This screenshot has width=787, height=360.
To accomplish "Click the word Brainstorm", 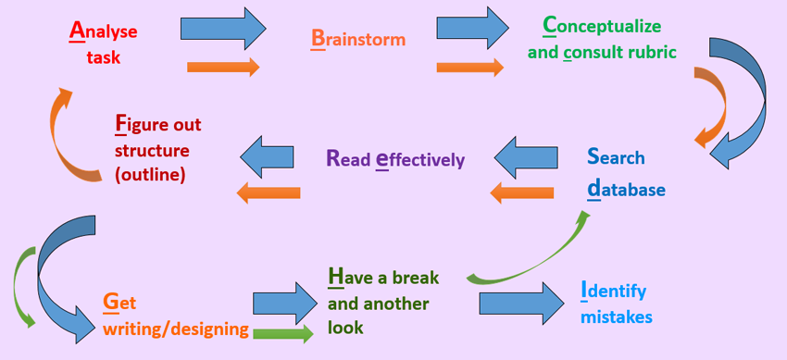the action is tap(358, 39).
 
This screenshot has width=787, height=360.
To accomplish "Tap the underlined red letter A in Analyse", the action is tap(75, 31).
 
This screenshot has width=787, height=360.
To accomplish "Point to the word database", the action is tap(626, 190).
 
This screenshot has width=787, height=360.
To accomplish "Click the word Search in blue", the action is tap(616, 157).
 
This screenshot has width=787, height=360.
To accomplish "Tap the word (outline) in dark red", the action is tap(151, 176).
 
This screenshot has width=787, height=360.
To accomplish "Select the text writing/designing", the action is tap(176, 329).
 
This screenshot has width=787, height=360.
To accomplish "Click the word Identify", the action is tap(613, 292).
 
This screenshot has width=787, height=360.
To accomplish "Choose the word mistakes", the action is tap(616, 317).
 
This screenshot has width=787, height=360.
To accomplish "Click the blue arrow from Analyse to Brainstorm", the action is tap(223, 29).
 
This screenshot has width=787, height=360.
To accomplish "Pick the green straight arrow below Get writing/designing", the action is tap(283, 333).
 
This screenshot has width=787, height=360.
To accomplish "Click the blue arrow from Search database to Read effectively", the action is tap(526, 158).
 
